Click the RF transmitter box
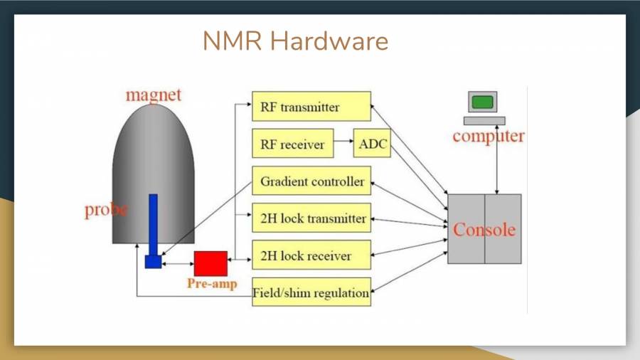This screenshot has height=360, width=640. [311, 107]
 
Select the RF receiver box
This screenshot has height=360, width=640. [292, 144]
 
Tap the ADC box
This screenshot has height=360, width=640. [373, 144]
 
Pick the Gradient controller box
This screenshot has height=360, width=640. [311, 181]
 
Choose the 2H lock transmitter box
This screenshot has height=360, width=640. [311, 218]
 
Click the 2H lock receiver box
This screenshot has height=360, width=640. [311, 255]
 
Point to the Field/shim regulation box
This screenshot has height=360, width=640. [311, 292]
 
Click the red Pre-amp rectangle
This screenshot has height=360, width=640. [210, 263]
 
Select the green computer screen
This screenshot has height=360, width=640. [482, 102]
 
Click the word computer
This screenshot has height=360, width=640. [488, 136]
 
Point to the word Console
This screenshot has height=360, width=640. [484, 230]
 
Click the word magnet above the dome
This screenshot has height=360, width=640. [154, 95]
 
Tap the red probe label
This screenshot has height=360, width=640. [107, 210]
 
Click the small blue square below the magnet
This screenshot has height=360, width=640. [153, 262]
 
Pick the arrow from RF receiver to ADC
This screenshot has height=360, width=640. [343, 144]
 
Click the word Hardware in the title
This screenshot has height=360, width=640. [329, 41]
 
